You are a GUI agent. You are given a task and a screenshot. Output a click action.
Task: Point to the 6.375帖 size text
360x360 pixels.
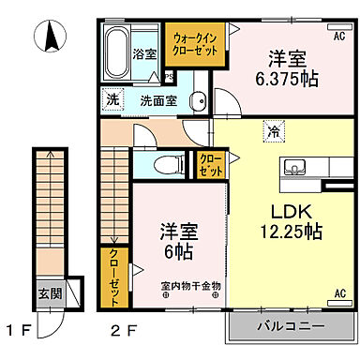(287, 78)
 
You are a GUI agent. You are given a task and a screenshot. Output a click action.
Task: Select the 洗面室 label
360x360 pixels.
(158, 100)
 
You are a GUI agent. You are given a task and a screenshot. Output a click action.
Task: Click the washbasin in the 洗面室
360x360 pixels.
(198, 100)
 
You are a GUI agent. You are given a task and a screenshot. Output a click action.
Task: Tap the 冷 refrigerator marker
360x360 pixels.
(270, 132)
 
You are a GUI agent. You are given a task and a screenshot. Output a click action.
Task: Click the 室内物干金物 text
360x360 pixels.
(190, 285)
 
